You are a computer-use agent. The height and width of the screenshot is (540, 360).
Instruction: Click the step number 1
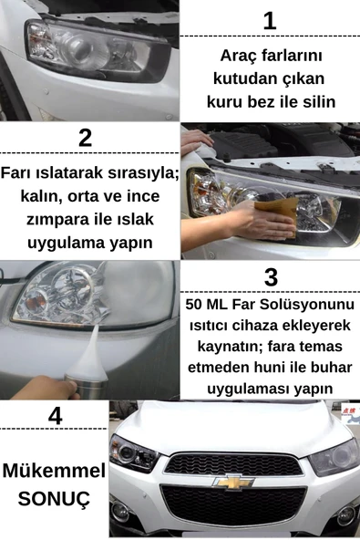[269, 20]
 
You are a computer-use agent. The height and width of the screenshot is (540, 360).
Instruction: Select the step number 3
[270, 277]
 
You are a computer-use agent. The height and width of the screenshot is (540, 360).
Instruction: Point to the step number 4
[55, 416]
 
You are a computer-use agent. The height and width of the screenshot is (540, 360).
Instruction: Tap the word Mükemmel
[54, 472]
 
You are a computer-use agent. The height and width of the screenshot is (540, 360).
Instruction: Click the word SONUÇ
[54, 500]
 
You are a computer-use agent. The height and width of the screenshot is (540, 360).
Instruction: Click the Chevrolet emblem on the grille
[233, 480]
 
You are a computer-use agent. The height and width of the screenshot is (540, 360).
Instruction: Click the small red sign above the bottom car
[346, 412]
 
